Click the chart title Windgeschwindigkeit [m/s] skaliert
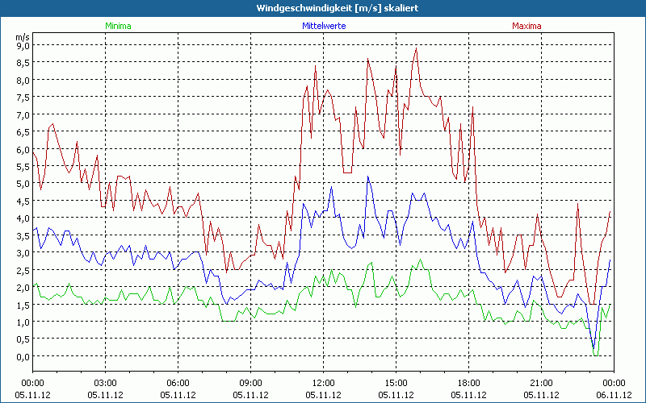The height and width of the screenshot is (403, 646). pyautogui.click(x=322, y=8)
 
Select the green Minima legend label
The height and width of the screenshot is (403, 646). pyautogui.click(x=118, y=26)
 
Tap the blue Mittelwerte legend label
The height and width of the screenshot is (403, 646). pyautogui.click(x=323, y=26)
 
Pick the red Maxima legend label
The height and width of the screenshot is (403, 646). pyautogui.click(x=526, y=26)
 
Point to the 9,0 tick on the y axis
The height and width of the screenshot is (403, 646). pyautogui.click(x=23, y=45)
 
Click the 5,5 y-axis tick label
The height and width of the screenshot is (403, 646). pyautogui.click(x=23, y=166)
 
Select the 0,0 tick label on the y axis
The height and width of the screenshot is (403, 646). pyautogui.click(x=23, y=356)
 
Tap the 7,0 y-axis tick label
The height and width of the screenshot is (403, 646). pyautogui.click(x=23, y=114)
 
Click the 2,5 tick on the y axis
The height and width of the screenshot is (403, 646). pyautogui.click(x=23, y=270)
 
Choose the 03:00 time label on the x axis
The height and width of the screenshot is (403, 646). pyautogui.click(x=105, y=383)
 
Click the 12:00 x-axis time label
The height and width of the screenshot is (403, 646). pyautogui.click(x=323, y=383)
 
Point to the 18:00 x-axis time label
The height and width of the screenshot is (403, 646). pyautogui.click(x=468, y=383)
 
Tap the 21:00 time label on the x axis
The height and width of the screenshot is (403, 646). pyautogui.click(x=541, y=383)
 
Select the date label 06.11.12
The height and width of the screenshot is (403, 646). pyautogui.click(x=614, y=395)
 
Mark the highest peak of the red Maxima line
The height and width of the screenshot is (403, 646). pyautogui.click(x=416, y=48)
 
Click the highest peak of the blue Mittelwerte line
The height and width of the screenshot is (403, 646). pyautogui.click(x=368, y=177)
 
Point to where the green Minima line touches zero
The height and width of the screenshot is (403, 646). pyautogui.click(x=596, y=355)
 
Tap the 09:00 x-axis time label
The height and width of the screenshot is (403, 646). pyautogui.click(x=250, y=383)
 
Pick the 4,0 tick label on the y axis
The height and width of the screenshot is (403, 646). pyautogui.click(x=23, y=218)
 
